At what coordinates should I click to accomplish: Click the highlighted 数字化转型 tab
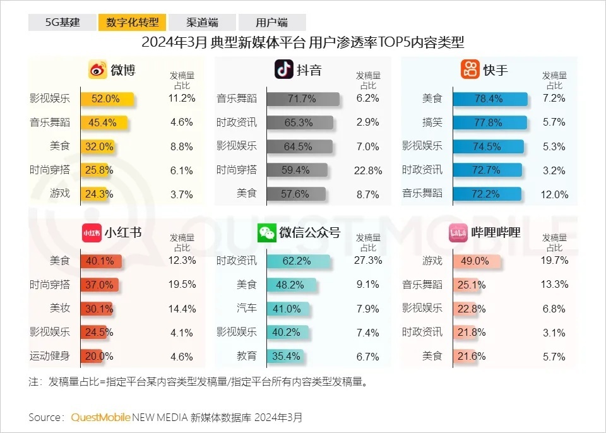[x=132, y=23]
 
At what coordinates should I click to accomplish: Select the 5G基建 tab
[x=62, y=23]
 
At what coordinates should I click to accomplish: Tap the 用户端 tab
[x=272, y=23]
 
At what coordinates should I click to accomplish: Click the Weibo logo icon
[x=97, y=69]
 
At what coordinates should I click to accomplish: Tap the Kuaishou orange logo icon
[x=470, y=69]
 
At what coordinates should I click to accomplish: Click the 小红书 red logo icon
[x=92, y=233]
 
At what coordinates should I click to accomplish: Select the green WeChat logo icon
[x=266, y=233]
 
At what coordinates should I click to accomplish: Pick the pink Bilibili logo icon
[x=458, y=233]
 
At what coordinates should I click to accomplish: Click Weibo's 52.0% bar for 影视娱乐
[x=107, y=98]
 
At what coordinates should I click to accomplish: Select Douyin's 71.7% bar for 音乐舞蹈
[x=302, y=98]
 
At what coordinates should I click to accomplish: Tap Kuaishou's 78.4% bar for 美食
[x=489, y=98]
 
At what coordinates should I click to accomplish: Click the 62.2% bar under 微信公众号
[x=298, y=261]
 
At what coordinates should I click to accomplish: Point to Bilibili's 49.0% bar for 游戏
[x=476, y=261]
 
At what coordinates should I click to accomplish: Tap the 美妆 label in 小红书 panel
[x=60, y=309]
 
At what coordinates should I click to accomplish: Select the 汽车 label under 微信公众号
[x=247, y=309]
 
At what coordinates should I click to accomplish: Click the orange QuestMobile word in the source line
[x=101, y=417]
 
